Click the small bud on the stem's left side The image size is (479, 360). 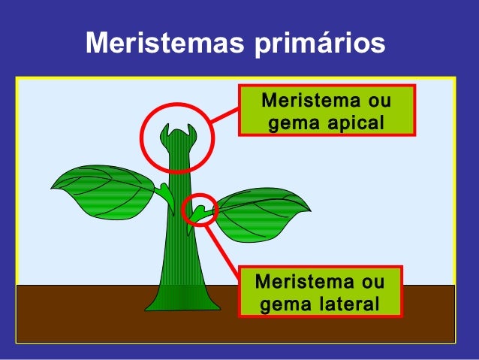click(x=164, y=194)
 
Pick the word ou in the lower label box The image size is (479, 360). click(x=372, y=283)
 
